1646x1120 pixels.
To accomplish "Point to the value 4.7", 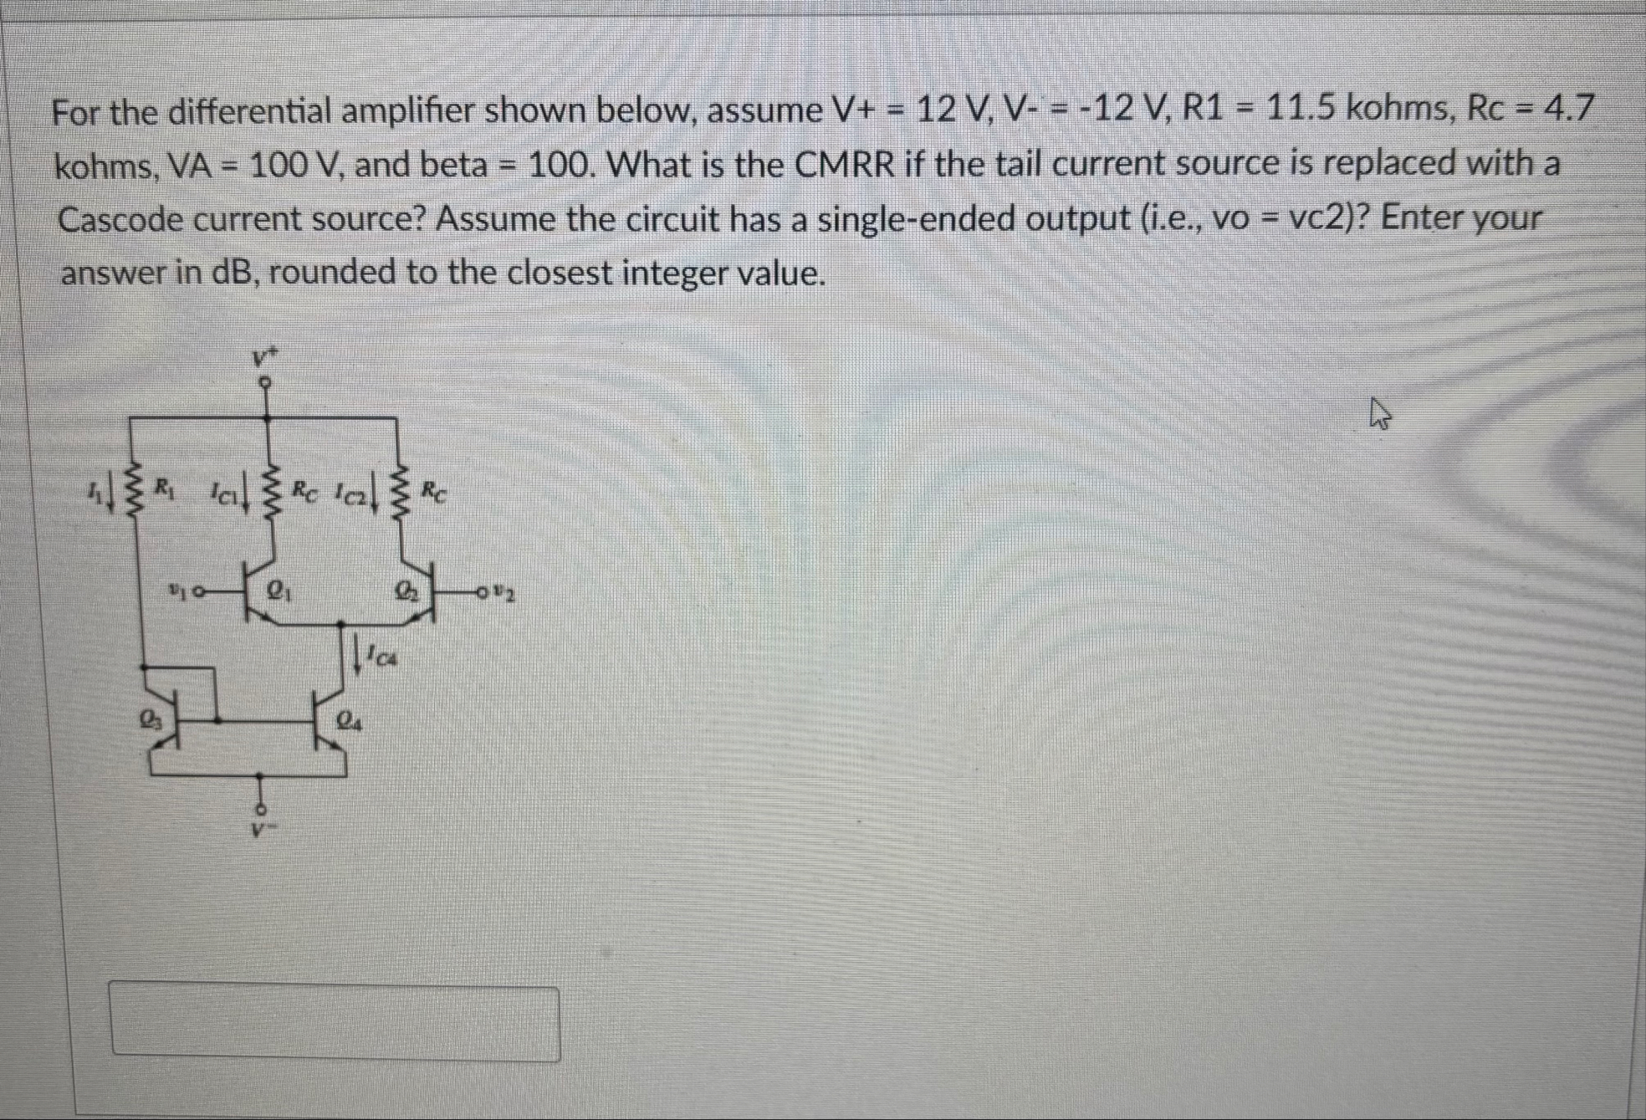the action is [x=1568, y=110].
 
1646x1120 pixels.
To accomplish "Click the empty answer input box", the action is [x=335, y=1024].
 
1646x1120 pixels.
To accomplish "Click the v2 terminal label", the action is [x=504, y=596].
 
